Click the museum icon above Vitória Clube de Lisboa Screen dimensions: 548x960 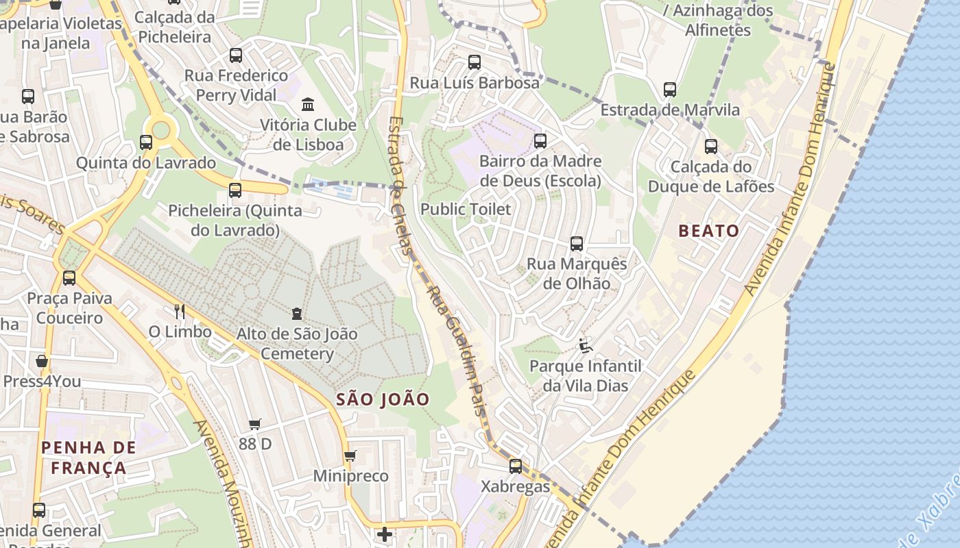point(308,105)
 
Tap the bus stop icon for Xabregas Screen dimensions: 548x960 point(516,466)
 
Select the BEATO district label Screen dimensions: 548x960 point(709,231)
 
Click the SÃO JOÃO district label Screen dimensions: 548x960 point(383,399)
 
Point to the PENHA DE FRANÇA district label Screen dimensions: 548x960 point(88,458)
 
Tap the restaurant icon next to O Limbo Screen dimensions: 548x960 point(180,312)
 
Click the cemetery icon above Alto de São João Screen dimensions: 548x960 point(296,314)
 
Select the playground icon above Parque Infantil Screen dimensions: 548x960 point(585,346)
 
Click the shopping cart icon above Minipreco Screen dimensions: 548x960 point(350,456)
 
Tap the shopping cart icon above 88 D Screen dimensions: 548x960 point(255,425)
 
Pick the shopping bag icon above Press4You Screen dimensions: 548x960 point(42,361)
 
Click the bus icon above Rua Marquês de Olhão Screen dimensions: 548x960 point(577,244)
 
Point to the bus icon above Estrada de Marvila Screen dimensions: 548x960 point(670,90)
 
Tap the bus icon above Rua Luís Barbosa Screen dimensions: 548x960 point(475,62)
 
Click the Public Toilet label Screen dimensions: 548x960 point(466,210)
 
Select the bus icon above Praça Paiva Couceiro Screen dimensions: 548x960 point(69,278)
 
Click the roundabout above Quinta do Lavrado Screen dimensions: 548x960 point(160,128)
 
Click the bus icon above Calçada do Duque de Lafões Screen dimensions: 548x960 point(711,147)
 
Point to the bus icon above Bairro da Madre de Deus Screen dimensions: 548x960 point(540,142)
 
